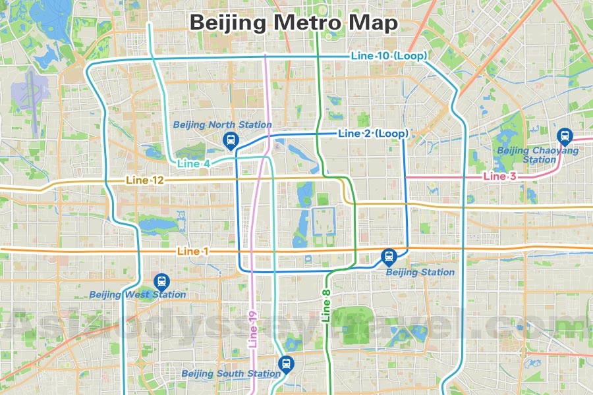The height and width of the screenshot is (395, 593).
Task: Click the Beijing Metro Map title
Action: tap(294, 23)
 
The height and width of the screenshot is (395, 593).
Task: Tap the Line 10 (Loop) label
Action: tap(389, 56)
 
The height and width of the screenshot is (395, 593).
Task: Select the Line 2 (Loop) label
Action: tap(372, 134)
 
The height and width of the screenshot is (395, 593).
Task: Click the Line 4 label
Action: tap(194, 163)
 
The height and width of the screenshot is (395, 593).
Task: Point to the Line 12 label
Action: tap(145, 180)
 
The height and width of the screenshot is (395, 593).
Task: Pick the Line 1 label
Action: tap(193, 251)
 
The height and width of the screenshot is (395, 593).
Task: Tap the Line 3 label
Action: tap(499, 176)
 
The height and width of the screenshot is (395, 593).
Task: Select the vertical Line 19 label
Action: tap(253, 329)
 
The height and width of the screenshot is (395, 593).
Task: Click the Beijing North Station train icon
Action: tap(231, 138)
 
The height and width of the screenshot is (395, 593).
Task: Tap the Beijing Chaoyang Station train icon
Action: tap(565, 135)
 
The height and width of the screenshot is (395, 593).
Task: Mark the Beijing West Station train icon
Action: tap(161, 281)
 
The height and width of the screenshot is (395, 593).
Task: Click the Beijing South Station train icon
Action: tap(285, 362)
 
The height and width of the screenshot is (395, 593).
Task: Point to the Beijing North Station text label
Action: tap(222, 124)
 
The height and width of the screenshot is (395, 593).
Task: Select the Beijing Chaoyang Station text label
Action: tap(538, 155)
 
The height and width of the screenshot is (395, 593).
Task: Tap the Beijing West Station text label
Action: tap(138, 295)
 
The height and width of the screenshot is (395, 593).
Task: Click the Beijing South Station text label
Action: tap(231, 374)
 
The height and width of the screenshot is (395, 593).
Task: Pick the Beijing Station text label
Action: tap(420, 272)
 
